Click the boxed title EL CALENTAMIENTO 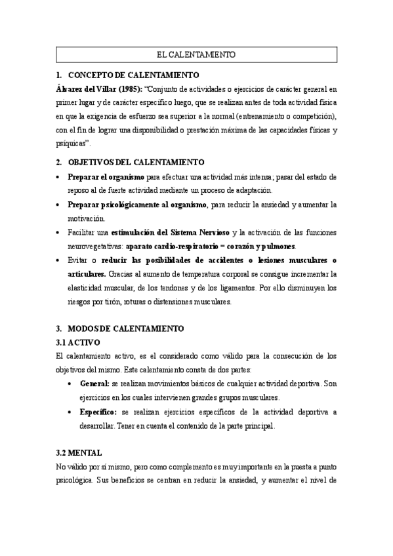point(196,54)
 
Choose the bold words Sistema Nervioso point(197,232)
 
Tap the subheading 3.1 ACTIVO point(75,342)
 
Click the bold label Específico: point(98,411)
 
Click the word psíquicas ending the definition point(72,144)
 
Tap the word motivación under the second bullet point(87,218)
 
